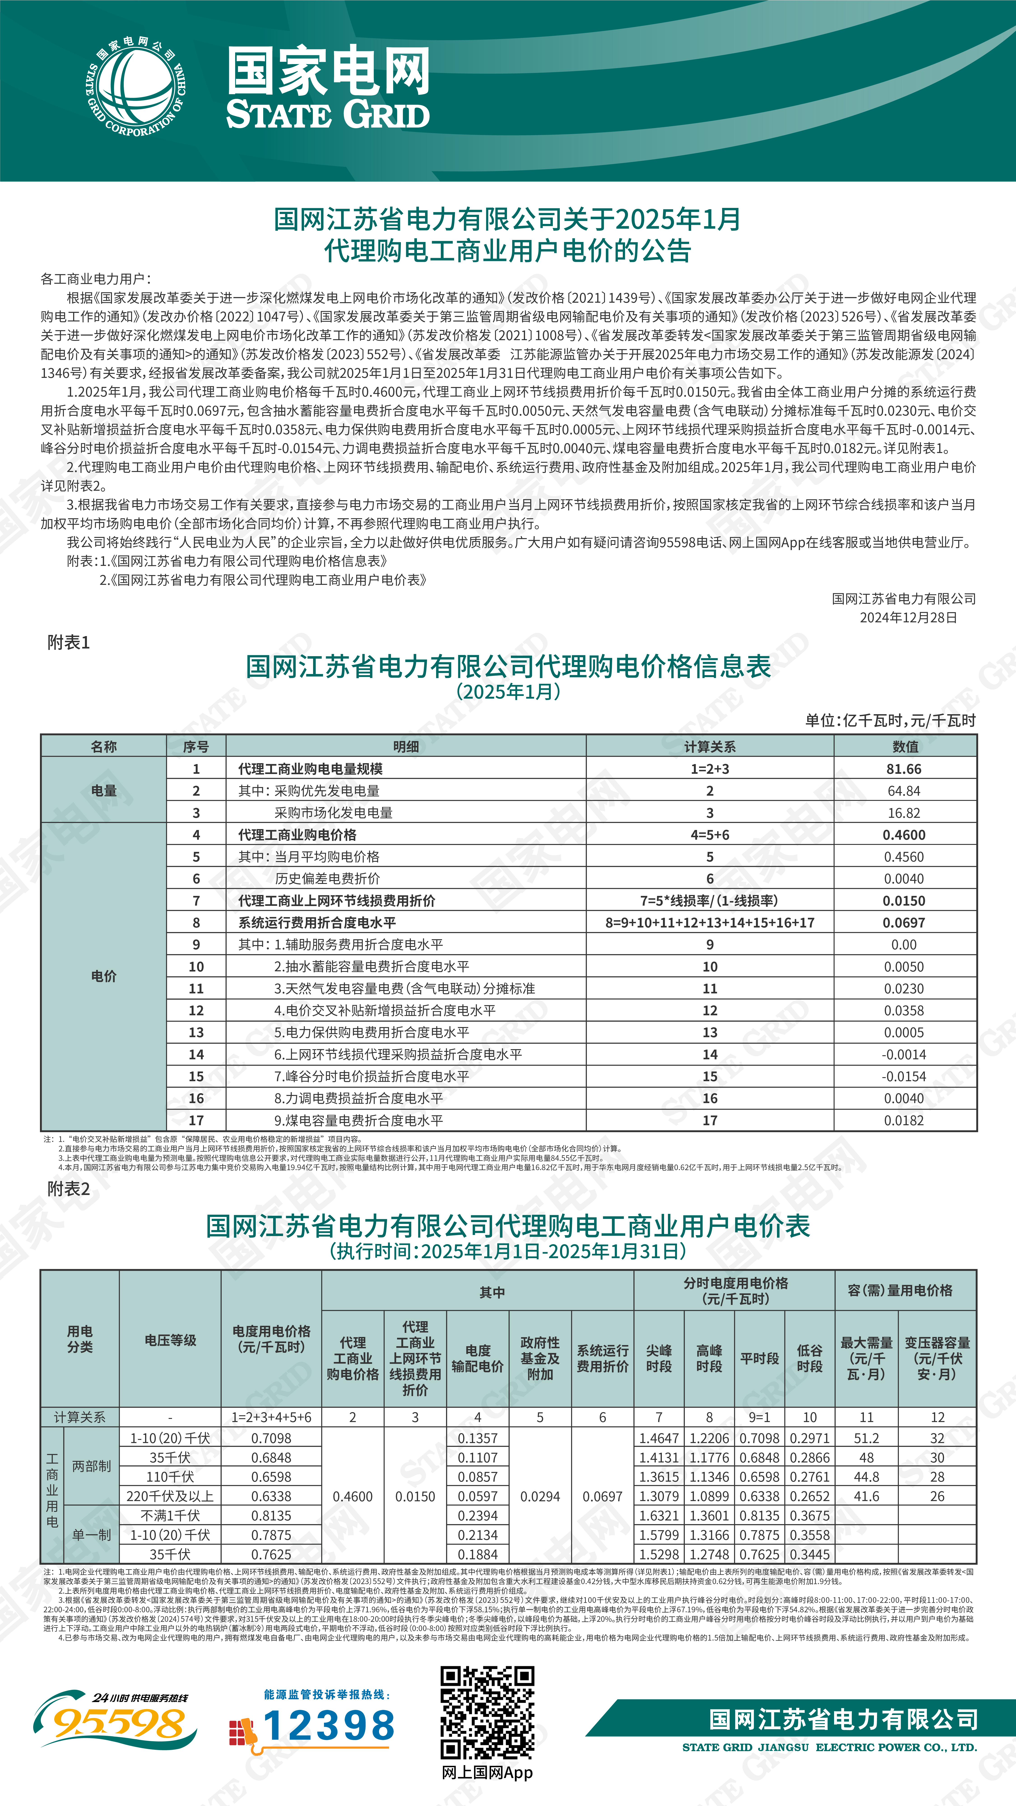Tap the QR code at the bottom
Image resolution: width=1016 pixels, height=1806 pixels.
[x=487, y=1711]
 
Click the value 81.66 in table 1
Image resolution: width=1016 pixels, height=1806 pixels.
[x=904, y=769]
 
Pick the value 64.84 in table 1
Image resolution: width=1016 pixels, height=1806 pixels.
[x=904, y=791]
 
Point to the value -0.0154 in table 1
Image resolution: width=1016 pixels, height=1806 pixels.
[x=904, y=1076]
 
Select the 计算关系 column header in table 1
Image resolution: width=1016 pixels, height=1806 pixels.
[x=710, y=747]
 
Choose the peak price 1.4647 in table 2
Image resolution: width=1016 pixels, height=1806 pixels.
[x=658, y=1438]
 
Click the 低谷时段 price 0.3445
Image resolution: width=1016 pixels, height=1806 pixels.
[x=810, y=1554]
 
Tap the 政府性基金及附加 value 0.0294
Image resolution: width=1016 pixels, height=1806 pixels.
[x=540, y=1496]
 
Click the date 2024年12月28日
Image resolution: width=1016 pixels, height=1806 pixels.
[x=908, y=618]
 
